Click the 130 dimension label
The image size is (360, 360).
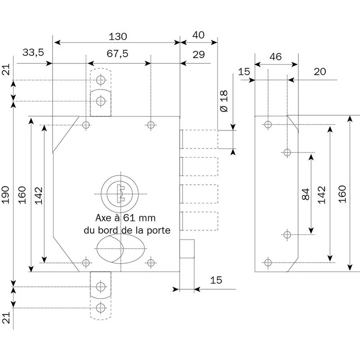pyautogui.click(x=117, y=36)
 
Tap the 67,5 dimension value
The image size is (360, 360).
pyautogui.click(x=117, y=54)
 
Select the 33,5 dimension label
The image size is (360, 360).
pyautogui.click(x=33, y=53)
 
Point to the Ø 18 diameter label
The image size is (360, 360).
pyautogui.click(x=224, y=101)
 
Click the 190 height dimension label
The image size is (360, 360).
pyautogui.click(x=5, y=195)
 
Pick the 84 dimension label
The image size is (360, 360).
pyautogui.click(x=306, y=194)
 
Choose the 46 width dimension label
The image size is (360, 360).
pyautogui.click(x=275, y=57)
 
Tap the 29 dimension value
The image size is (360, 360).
pyautogui.click(x=198, y=54)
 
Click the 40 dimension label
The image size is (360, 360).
pyautogui.click(x=198, y=35)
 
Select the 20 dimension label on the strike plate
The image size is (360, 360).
pyautogui.click(x=320, y=72)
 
